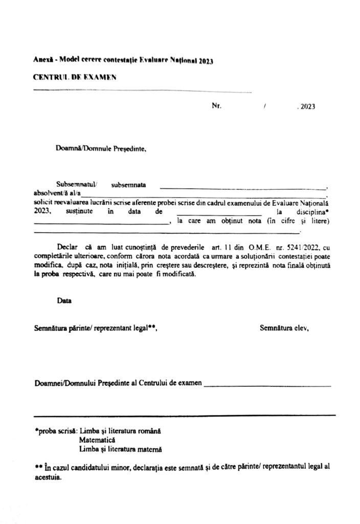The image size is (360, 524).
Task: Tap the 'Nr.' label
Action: [x=216, y=106]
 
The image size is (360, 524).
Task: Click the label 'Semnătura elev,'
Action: [x=284, y=327]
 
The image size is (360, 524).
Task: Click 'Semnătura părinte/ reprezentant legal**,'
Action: [x=96, y=327]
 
